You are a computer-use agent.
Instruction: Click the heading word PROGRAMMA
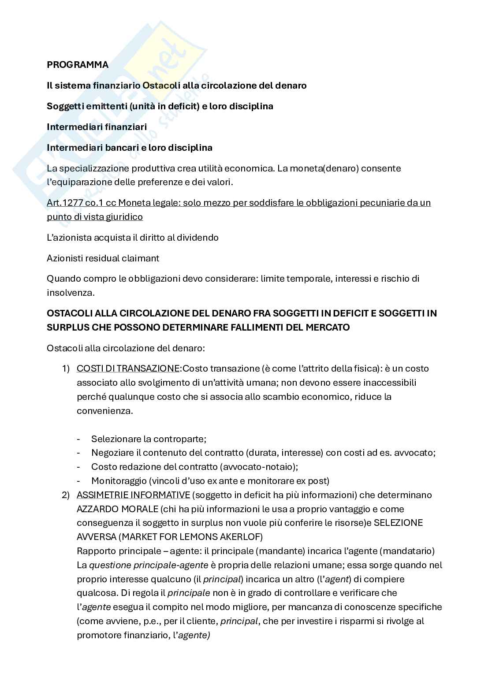coord(78,65)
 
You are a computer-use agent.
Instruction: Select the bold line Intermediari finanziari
coord(97,127)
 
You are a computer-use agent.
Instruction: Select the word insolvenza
coord(68,293)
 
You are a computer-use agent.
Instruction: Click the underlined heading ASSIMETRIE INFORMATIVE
coord(133,495)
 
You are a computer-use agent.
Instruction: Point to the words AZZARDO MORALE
coord(117,509)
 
